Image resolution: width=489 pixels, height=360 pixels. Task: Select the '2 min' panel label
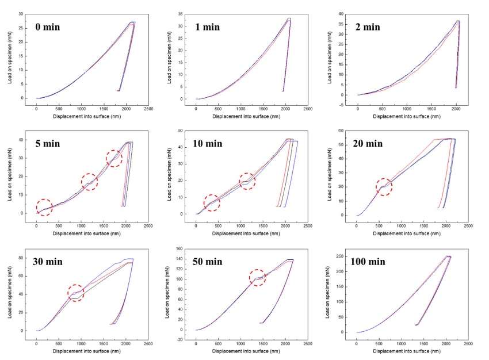(369, 26)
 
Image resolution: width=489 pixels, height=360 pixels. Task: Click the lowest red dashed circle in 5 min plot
(44, 207)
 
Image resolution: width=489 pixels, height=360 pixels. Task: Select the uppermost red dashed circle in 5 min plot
(114, 158)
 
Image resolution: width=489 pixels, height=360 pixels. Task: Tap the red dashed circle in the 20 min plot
(384, 186)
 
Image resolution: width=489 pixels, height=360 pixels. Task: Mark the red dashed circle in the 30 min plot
(75, 293)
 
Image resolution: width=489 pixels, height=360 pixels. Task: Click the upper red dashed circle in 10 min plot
(247, 181)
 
